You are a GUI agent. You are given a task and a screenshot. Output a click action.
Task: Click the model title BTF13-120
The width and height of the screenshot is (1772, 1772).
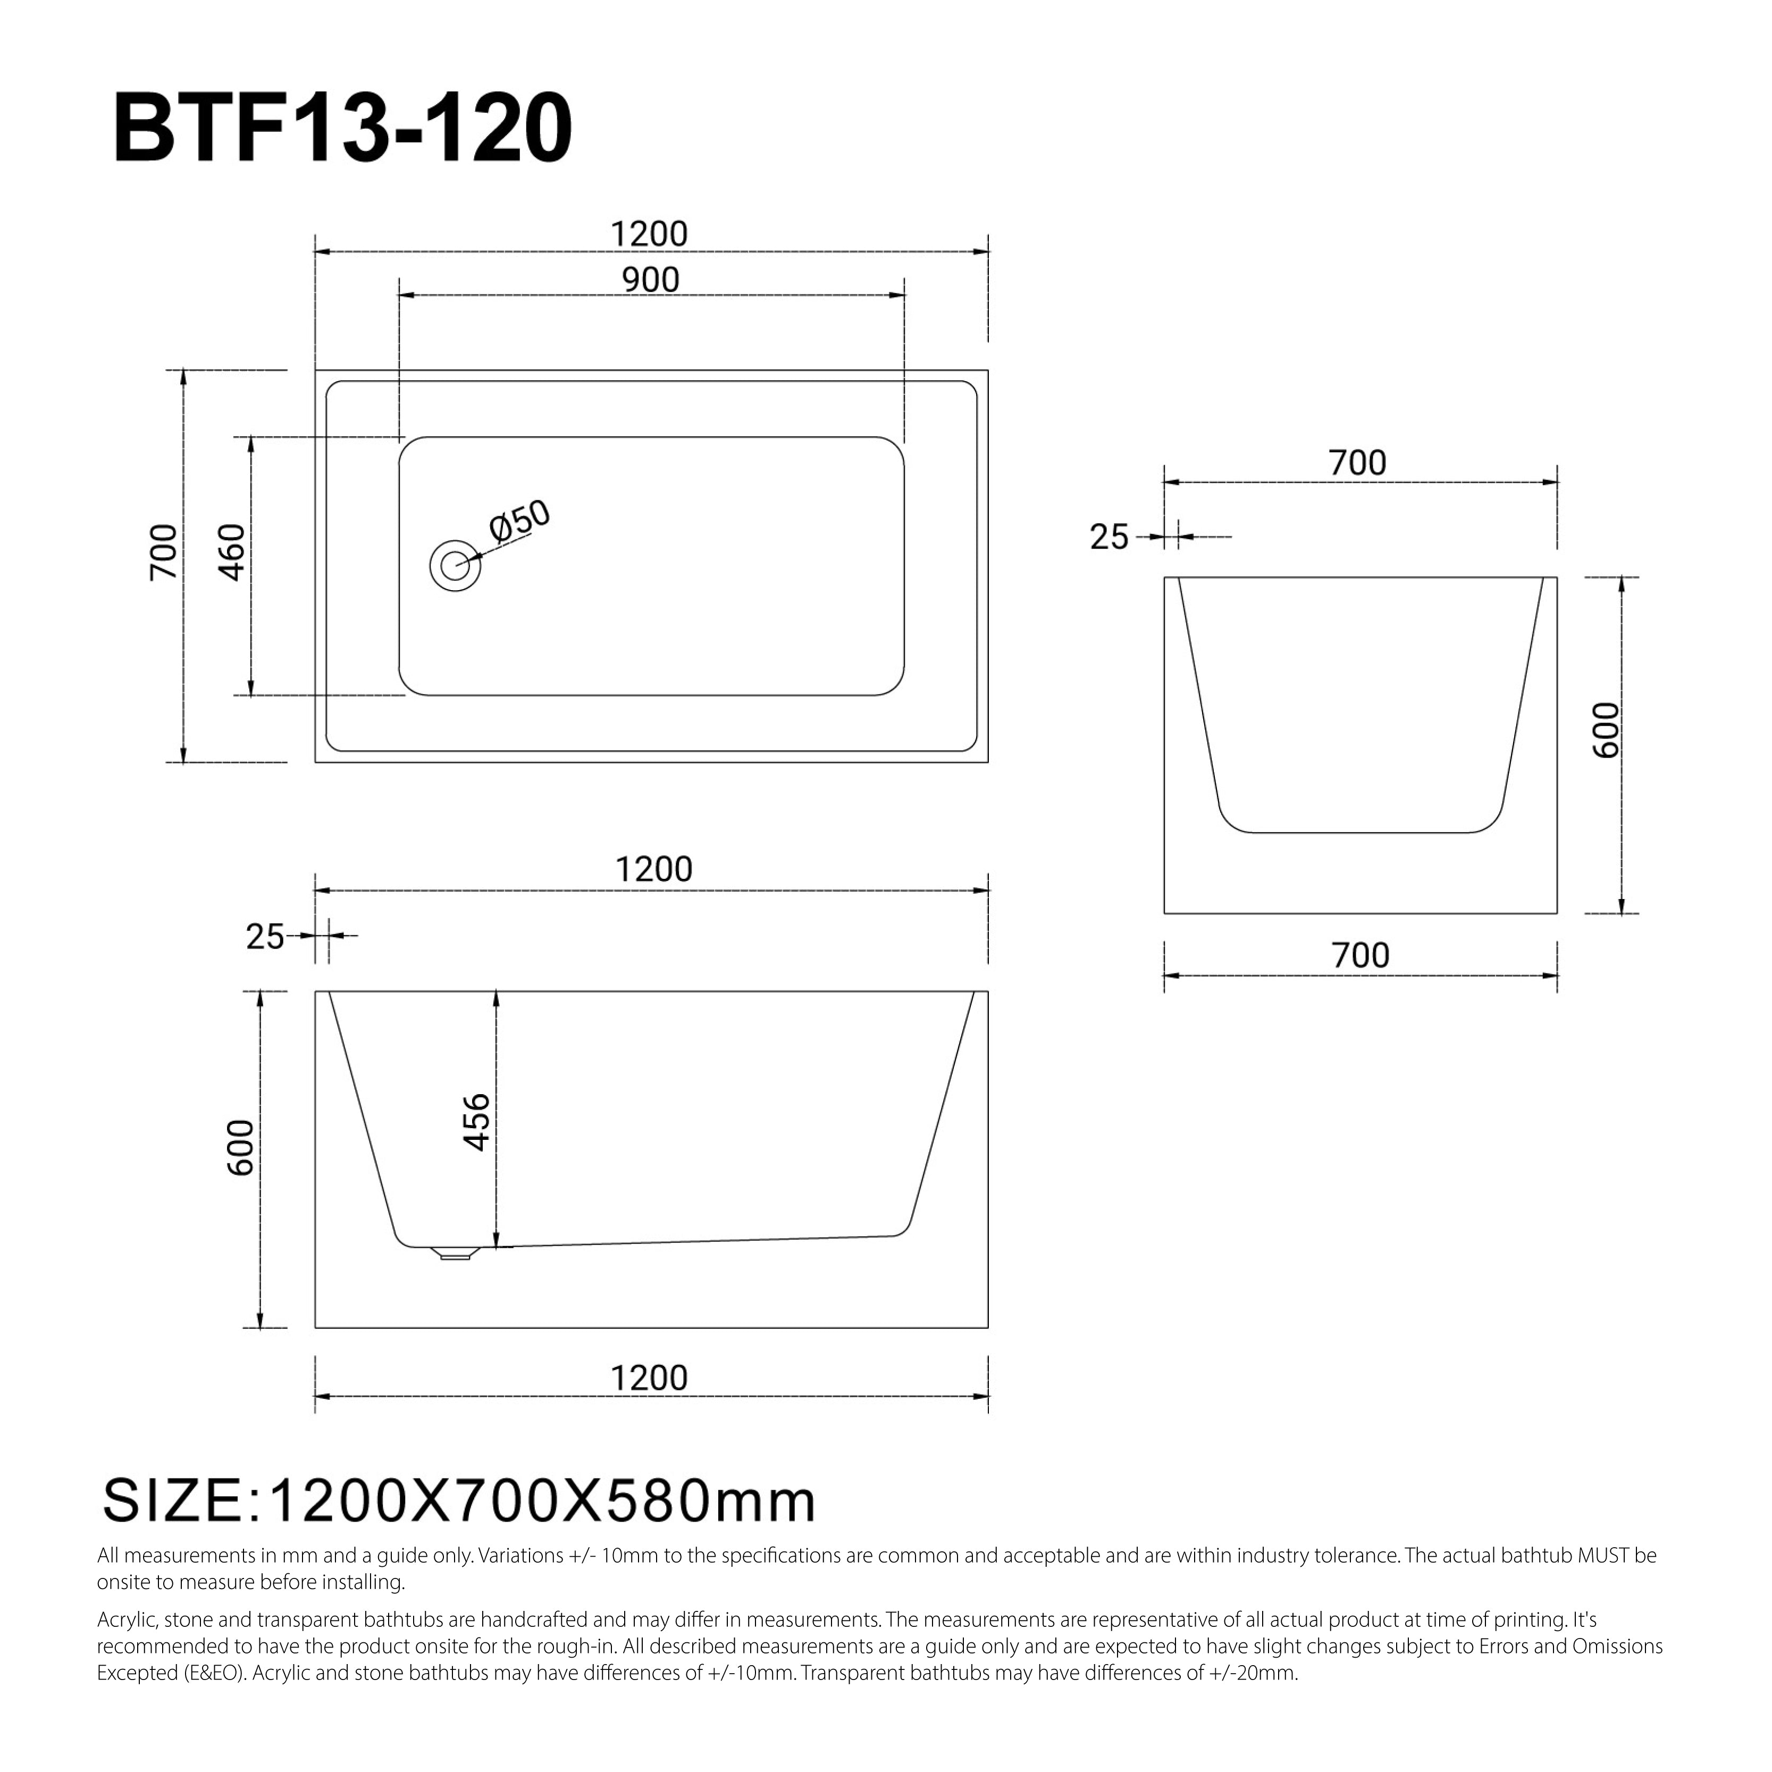[x=343, y=129]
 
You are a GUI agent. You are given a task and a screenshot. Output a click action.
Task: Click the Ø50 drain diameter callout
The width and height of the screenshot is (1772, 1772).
[x=519, y=521]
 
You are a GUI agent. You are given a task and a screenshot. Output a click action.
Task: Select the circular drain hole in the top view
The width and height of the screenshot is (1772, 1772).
[x=455, y=566]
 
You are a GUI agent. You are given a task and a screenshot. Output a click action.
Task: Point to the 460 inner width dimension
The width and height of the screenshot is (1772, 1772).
[x=233, y=552]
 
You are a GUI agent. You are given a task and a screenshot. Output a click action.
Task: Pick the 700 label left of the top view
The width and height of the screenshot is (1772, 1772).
[x=163, y=552]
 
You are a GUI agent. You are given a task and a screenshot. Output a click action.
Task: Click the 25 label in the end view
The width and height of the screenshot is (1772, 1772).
[x=1109, y=536]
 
